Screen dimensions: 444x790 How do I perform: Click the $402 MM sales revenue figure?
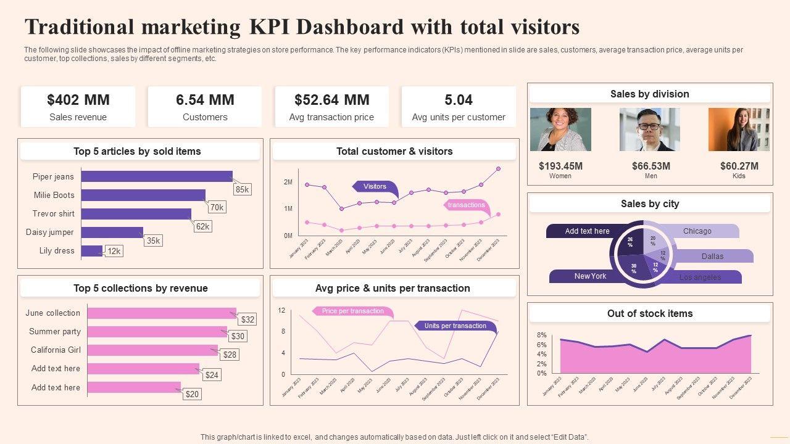coord(78,100)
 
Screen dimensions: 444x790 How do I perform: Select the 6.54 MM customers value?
coord(205,100)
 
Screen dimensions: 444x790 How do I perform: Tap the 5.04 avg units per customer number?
coord(459,100)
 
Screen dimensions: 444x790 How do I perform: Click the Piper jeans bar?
coord(157,176)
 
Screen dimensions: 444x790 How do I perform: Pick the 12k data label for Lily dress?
coord(114,251)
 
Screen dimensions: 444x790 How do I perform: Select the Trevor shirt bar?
coord(136,214)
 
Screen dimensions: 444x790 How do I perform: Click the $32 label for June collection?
coord(247,319)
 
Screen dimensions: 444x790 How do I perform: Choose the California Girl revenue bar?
coord(152,350)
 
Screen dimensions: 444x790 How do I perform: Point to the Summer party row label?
coord(55,331)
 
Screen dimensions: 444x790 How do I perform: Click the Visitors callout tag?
coord(375,186)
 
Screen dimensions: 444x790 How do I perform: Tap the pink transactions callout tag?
coord(467,205)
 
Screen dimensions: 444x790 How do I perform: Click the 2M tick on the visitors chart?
coord(288,183)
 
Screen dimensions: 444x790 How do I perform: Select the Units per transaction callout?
coord(455,326)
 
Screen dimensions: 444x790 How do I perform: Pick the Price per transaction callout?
coord(353,311)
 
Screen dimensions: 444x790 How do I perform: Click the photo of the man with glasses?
coord(649,129)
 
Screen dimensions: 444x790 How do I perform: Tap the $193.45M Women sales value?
coord(560,166)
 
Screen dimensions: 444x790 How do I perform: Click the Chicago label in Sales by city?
coord(697,231)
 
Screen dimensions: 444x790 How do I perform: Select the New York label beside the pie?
coord(590,276)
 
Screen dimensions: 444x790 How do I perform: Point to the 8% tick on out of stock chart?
coord(541,335)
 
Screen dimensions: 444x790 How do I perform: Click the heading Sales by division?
coord(649,94)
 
